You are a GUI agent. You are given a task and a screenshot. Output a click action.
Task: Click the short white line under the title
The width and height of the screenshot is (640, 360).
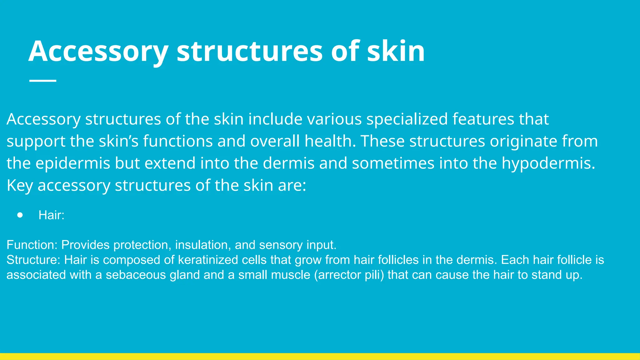[43, 81]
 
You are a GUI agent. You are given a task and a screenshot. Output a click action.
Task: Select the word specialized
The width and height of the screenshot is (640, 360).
[407, 119]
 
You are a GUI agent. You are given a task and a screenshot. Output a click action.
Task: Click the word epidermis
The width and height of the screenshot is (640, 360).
[73, 163]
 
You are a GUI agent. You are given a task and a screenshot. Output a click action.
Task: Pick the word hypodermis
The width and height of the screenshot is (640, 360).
[548, 163]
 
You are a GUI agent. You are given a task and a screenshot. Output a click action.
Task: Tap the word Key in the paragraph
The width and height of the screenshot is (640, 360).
[19, 186]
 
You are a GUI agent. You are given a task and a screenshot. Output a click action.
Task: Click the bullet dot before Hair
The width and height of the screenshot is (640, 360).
[20, 215]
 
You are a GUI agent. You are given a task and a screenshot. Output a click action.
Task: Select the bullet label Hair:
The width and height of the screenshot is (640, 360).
[51, 215]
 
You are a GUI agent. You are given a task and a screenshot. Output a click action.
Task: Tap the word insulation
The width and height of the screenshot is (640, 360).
[203, 245]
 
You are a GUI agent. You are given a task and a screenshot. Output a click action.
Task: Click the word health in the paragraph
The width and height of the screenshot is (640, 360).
[330, 141]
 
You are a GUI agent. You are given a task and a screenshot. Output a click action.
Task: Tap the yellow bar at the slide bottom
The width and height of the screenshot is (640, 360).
[320, 357]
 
